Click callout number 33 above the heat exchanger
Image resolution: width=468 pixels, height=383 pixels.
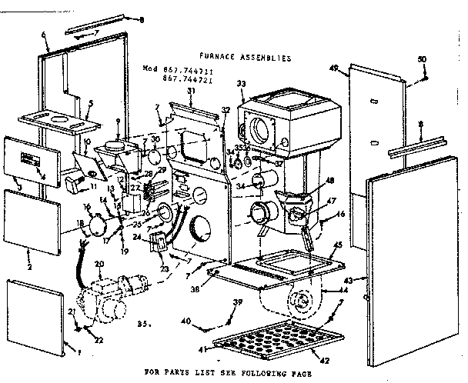pos(241,84)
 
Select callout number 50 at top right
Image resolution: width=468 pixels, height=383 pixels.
pos(421,59)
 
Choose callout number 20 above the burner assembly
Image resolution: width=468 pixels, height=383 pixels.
pos(99,265)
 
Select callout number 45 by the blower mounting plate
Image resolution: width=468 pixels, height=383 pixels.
pos(337,245)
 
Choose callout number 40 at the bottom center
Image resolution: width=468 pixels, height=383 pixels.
pos(185,320)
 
